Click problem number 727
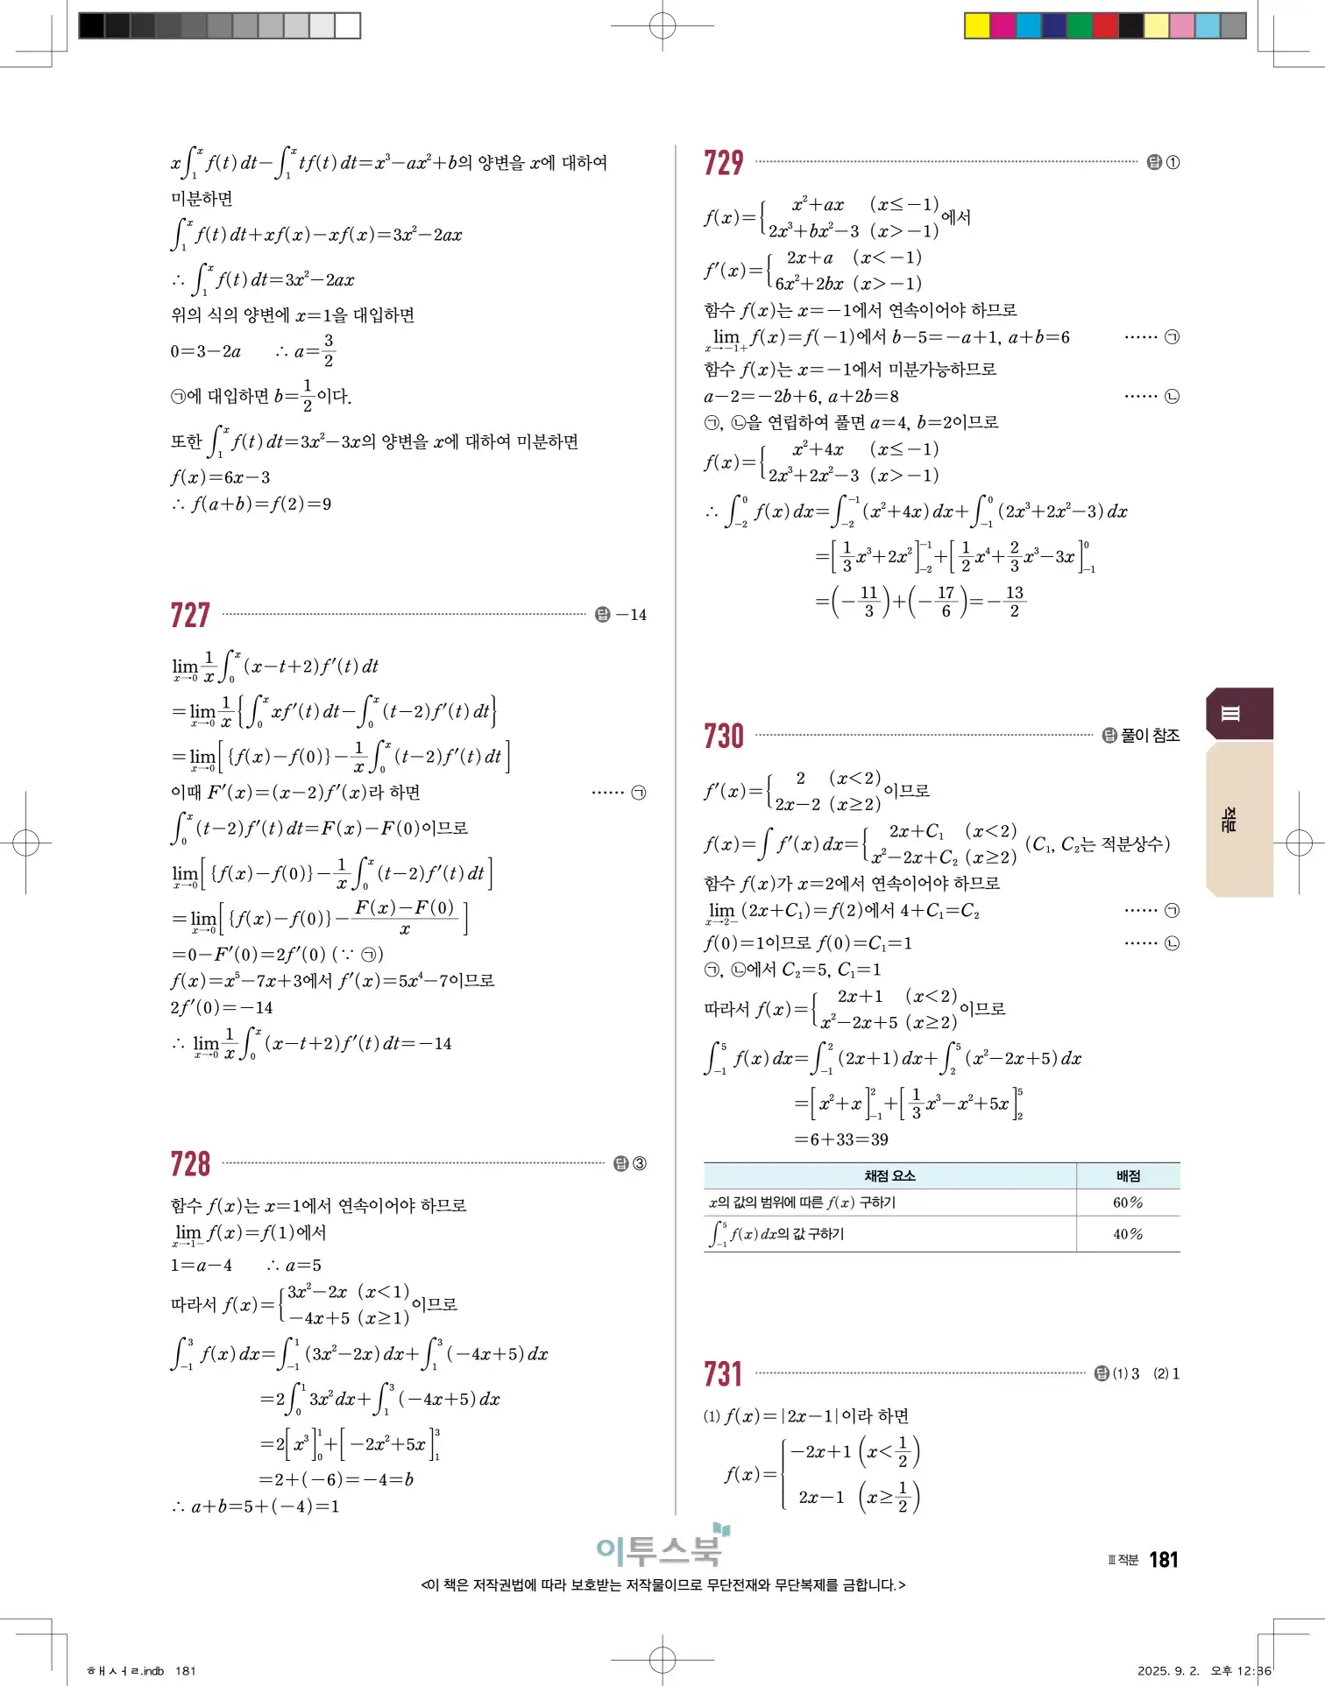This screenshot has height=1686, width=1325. click(190, 615)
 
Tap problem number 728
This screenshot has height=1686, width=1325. click(190, 1164)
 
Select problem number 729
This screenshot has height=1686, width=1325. click(723, 163)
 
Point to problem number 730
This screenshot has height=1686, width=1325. click(723, 736)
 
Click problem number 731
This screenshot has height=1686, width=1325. click(723, 1373)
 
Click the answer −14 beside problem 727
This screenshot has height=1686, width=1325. click(631, 615)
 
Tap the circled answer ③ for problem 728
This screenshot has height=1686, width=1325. click(640, 1164)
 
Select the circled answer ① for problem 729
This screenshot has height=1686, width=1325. click(1173, 163)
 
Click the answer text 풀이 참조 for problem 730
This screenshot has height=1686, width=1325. click(1150, 736)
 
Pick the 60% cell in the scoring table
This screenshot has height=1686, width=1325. click(1128, 1203)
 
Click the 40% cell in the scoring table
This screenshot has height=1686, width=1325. click(1128, 1234)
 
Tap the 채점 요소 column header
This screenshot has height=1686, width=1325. click(889, 1175)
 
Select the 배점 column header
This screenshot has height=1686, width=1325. click(1128, 1175)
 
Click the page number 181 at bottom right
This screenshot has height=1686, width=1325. click(1163, 1560)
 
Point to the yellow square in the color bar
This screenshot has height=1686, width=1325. click(976, 25)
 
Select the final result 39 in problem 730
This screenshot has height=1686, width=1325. click(879, 1139)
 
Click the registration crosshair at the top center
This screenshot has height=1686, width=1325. click(662, 25)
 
